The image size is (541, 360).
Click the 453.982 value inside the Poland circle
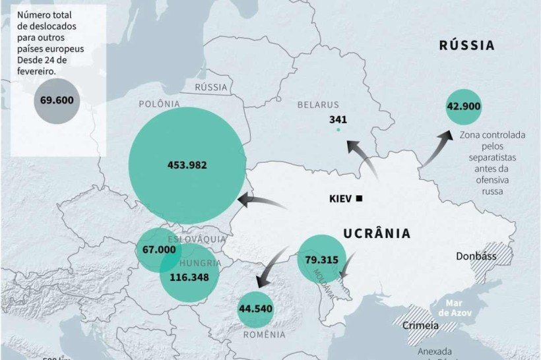click(x=187, y=165)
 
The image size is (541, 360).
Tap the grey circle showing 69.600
click(x=56, y=101)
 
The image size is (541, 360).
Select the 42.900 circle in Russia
click(x=464, y=106)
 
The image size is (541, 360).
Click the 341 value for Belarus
click(x=338, y=119)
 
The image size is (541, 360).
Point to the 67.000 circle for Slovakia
click(x=159, y=250)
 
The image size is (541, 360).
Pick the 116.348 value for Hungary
click(x=189, y=277)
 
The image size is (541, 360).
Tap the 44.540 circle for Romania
click(x=256, y=309)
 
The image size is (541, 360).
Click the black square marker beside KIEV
click(x=359, y=198)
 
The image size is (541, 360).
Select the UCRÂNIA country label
click(x=376, y=233)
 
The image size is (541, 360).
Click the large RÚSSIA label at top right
click(x=466, y=45)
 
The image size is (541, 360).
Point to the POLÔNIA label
click(x=159, y=104)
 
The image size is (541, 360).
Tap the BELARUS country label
click(x=317, y=105)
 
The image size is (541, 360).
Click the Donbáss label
click(x=476, y=256)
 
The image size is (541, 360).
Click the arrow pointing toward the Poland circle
click(x=261, y=201)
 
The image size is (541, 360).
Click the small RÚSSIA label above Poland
click(x=211, y=87)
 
